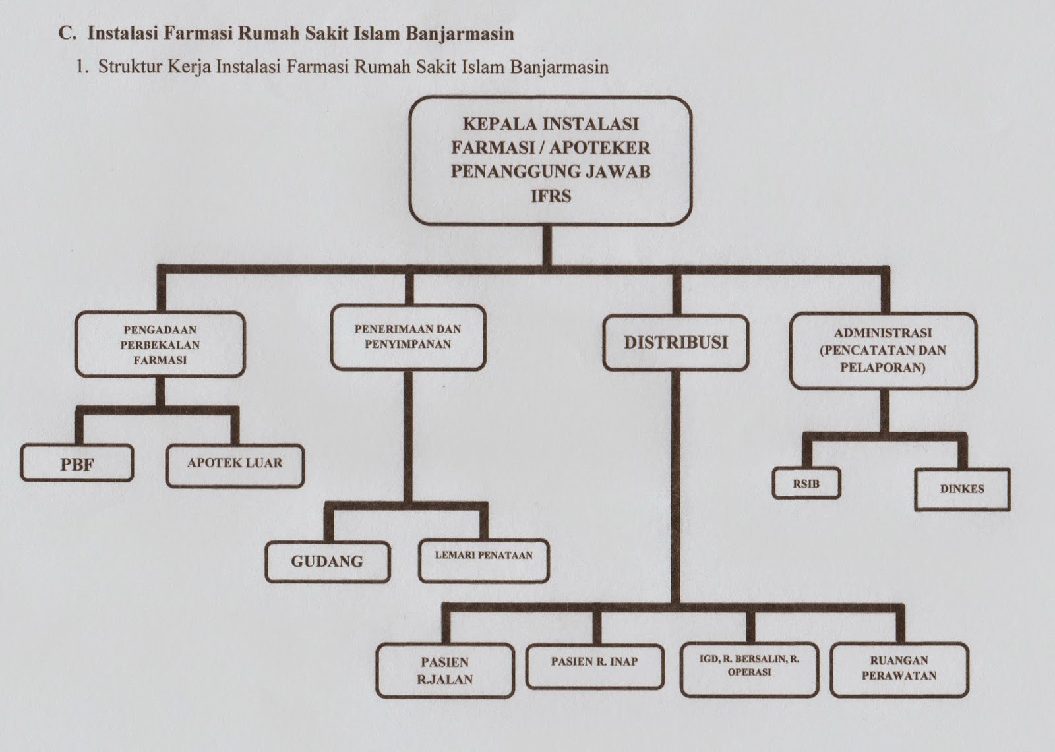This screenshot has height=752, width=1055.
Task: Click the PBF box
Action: pos(77,463)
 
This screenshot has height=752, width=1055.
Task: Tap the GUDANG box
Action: pos(327,562)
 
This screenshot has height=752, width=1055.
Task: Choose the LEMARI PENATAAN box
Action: pos(484,562)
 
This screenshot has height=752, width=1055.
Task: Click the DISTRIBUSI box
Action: pos(676,343)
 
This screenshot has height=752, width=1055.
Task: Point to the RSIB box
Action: pos(806,484)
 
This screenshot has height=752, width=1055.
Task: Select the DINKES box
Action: pos(962,490)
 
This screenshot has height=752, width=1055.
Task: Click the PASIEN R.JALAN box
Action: pos(445,670)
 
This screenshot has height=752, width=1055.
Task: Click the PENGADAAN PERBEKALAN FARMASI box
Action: pos(160,345)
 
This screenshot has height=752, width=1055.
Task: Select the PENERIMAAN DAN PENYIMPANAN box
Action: pos(407,337)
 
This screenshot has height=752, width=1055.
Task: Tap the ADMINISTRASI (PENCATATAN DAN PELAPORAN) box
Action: pos(883,351)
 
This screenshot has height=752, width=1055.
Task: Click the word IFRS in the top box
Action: pos(551,196)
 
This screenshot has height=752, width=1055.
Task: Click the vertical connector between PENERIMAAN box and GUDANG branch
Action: pos(408,435)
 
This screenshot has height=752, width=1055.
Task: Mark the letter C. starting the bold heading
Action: pos(67,33)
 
